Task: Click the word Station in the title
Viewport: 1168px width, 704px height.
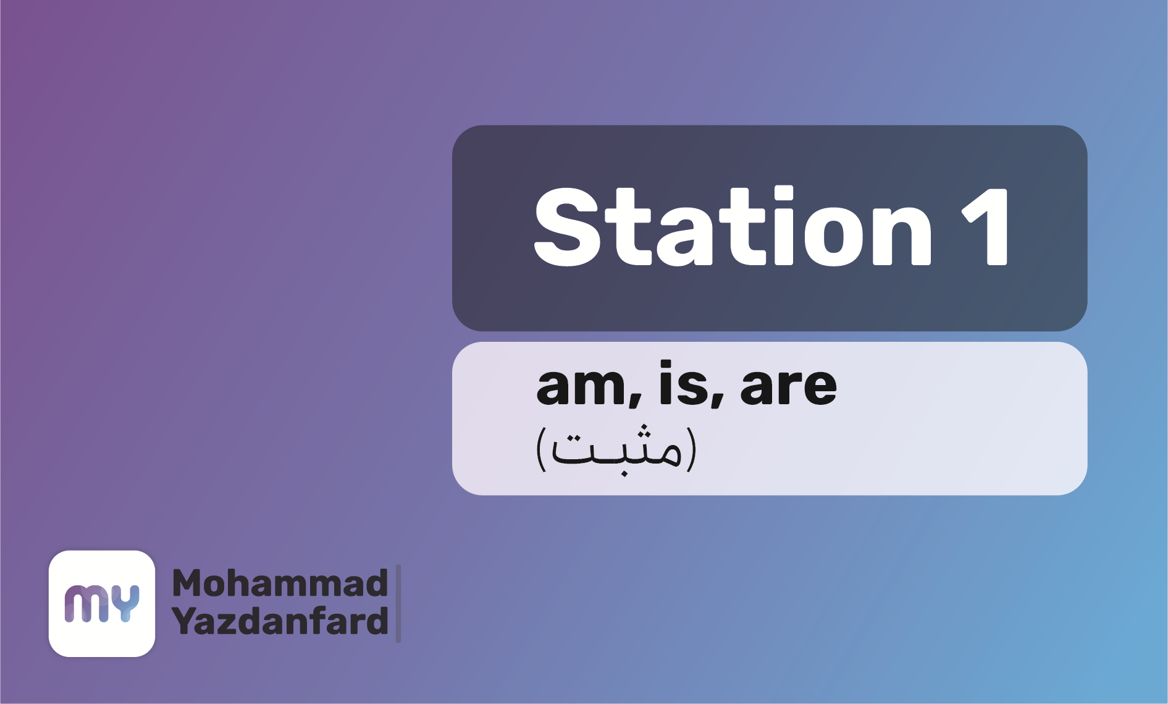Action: click(x=733, y=226)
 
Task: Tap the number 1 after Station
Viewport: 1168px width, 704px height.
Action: click(x=986, y=227)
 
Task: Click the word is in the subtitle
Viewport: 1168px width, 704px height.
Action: click(x=683, y=383)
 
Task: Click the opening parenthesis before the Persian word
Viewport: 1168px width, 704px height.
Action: click(x=542, y=449)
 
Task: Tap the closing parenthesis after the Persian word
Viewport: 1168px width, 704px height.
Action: click(x=691, y=449)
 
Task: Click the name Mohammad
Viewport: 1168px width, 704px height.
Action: click(x=280, y=583)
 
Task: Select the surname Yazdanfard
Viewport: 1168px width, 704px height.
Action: click(x=280, y=621)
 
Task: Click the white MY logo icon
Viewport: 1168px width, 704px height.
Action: click(x=102, y=603)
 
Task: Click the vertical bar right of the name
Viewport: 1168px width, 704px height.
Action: click(x=398, y=603)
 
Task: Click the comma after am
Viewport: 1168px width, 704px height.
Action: click(x=635, y=400)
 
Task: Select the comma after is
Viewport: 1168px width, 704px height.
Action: click(x=717, y=400)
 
